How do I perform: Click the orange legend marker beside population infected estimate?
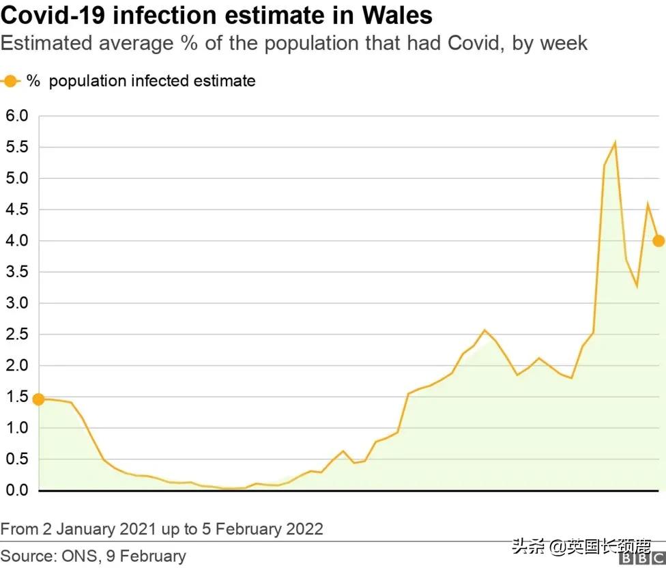10,81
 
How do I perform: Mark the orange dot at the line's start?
38,399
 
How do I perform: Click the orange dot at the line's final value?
658,240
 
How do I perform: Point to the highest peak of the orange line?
615,143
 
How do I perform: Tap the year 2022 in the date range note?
304,529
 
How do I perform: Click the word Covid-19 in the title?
53,15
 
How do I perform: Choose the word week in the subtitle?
564,44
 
